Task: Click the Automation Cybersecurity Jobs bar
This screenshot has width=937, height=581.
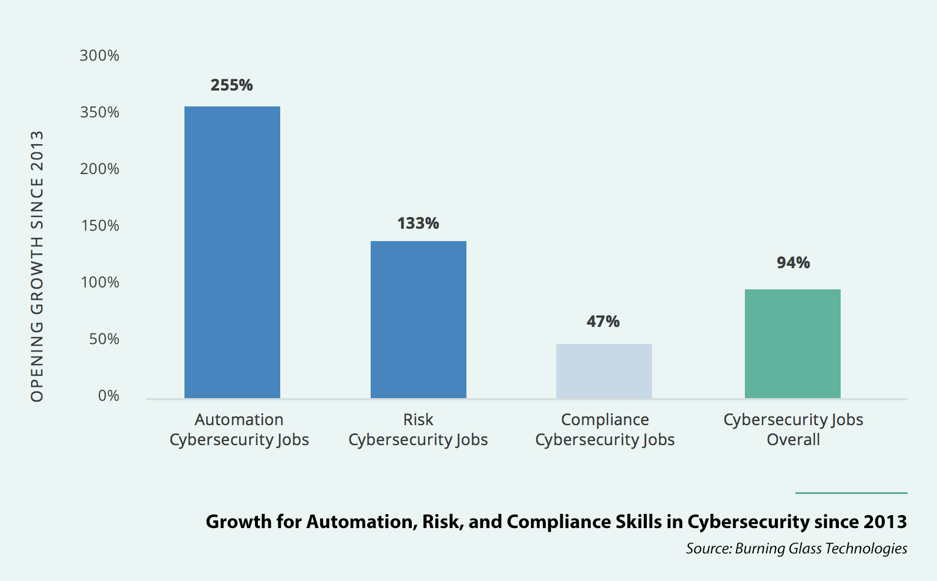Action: (x=232, y=252)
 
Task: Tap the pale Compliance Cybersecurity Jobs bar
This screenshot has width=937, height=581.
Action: (x=604, y=371)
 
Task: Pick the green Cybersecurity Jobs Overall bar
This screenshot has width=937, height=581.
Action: (x=792, y=343)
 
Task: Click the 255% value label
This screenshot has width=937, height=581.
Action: (x=231, y=85)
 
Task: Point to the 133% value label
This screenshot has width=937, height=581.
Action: (x=418, y=223)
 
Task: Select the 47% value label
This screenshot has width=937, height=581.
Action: (x=603, y=322)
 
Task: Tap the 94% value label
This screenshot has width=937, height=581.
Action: (x=793, y=263)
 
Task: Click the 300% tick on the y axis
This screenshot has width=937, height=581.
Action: (x=99, y=56)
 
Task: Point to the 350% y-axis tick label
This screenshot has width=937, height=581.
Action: (x=99, y=112)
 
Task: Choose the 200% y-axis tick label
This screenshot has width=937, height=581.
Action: (x=99, y=169)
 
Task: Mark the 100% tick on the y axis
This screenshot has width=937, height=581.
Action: (x=99, y=283)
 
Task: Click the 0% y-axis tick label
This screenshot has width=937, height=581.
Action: (x=108, y=396)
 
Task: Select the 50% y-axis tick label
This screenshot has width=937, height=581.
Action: (x=103, y=339)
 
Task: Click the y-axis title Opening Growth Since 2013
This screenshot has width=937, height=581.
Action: (x=37, y=266)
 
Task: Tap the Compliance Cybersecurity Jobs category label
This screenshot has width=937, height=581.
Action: (x=604, y=430)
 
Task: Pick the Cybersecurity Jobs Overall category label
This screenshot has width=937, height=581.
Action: (x=793, y=430)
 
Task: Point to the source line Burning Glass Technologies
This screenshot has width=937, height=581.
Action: (x=796, y=549)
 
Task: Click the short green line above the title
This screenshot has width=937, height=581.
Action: (x=851, y=493)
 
